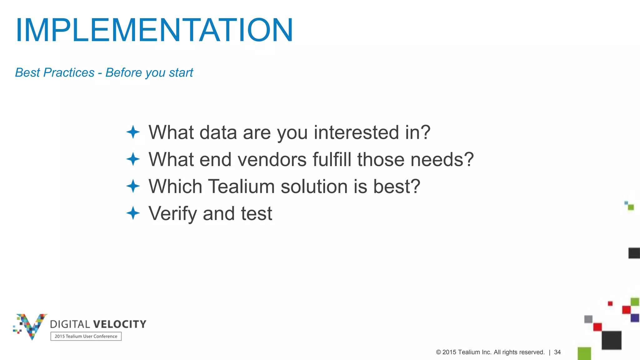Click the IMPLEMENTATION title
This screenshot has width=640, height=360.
(x=154, y=30)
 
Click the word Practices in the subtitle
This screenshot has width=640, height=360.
(x=69, y=72)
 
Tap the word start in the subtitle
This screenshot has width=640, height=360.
(x=181, y=72)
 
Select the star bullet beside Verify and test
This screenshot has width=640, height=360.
(x=133, y=213)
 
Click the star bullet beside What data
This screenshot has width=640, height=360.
(x=133, y=132)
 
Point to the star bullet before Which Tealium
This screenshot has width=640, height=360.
(x=133, y=186)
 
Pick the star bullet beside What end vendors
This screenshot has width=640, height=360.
(x=133, y=159)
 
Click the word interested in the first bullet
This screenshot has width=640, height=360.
(x=356, y=132)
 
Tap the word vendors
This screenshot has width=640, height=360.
(x=272, y=159)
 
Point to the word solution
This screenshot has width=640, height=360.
(x=314, y=186)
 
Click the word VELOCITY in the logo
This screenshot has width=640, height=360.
(x=120, y=324)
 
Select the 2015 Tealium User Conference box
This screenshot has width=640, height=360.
(x=86, y=336)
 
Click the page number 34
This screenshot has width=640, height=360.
(x=557, y=352)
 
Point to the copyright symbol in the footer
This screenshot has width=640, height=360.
(x=438, y=352)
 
